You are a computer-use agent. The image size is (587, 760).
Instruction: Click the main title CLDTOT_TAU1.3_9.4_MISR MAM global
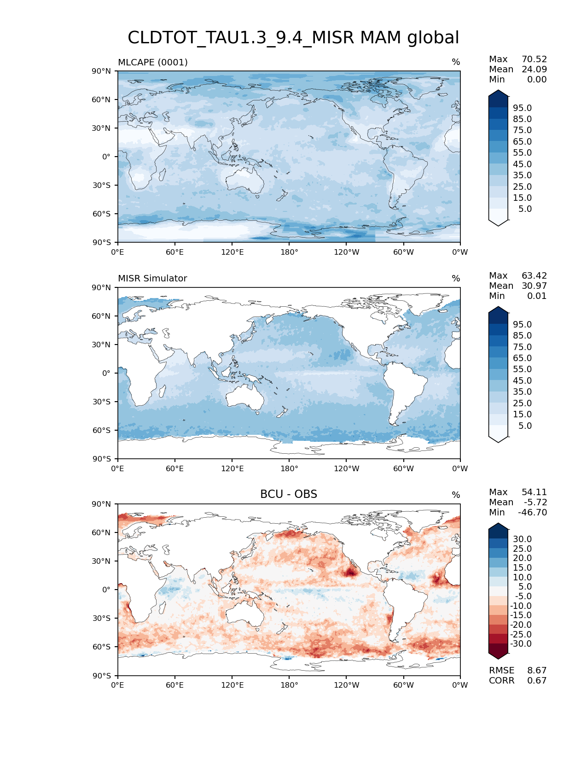[x=293, y=38]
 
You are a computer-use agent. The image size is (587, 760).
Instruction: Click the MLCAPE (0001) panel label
[x=153, y=62]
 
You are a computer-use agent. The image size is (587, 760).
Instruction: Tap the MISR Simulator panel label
[x=152, y=279]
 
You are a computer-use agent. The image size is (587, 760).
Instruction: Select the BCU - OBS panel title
[x=289, y=494]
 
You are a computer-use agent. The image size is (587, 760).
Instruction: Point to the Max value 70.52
[x=534, y=59]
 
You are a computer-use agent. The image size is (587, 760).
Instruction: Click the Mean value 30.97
[x=534, y=286]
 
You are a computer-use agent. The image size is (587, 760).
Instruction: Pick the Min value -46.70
[x=532, y=513]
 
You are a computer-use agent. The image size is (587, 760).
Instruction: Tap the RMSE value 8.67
[x=537, y=671]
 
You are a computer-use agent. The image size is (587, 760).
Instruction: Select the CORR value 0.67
[x=537, y=681]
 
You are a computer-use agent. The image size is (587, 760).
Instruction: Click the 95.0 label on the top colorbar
[x=522, y=108]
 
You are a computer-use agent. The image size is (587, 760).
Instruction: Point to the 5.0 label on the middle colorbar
[x=525, y=426]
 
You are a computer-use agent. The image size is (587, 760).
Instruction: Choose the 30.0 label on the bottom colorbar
[x=522, y=539]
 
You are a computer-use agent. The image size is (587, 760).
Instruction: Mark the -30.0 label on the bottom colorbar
[x=521, y=644]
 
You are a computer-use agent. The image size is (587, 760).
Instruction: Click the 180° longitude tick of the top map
[x=289, y=252]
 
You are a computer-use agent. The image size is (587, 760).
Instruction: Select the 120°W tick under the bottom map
[x=347, y=685]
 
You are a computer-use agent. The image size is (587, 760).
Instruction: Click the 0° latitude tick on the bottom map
[x=106, y=590]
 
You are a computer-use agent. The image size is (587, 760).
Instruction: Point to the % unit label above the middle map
[x=456, y=279]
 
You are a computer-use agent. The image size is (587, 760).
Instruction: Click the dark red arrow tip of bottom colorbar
[x=498, y=655]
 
